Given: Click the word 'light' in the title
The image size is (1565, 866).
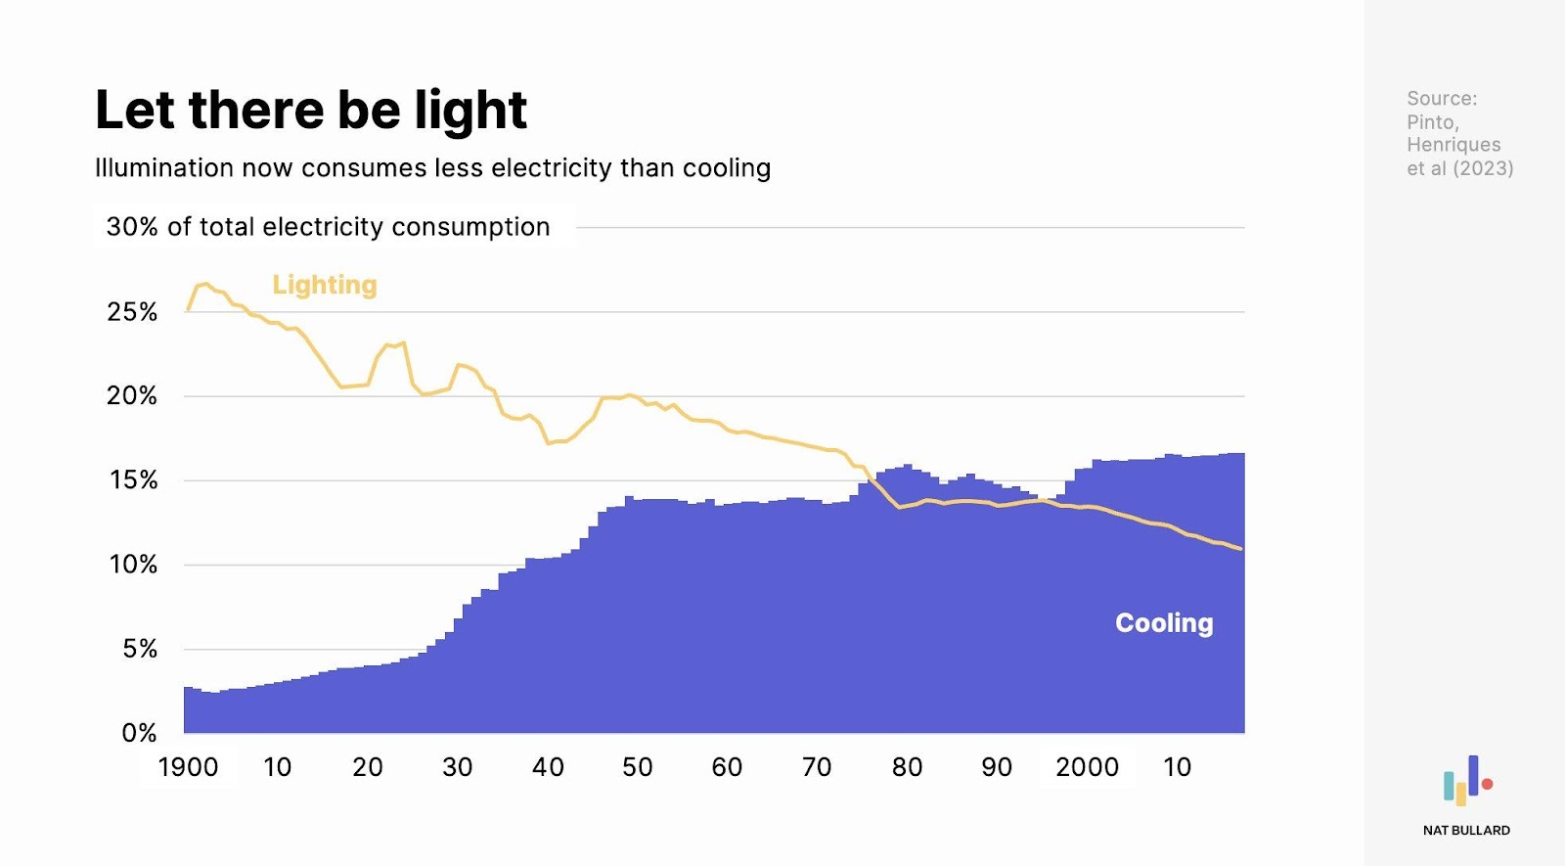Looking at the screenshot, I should click(x=470, y=110).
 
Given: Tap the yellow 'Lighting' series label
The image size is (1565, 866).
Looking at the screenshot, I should click(x=324, y=285).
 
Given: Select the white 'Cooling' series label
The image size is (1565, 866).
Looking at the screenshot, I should click(x=1164, y=623).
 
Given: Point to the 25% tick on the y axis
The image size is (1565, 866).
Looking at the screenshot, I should click(x=132, y=312).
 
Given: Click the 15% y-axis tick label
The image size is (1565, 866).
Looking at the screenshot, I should click(x=133, y=480).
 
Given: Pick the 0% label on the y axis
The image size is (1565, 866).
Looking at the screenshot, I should click(x=139, y=733).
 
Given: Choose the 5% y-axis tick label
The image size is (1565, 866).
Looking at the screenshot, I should click(x=139, y=649).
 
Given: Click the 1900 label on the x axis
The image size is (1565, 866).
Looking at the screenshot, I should click(x=188, y=767).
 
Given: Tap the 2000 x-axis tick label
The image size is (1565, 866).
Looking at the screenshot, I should click(x=1087, y=767).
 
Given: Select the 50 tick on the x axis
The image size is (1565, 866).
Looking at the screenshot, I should click(x=637, y=767).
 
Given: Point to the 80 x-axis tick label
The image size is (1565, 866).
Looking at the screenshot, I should click(x=907, y=767).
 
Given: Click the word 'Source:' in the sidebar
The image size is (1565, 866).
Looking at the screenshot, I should click(x=1442, y=99).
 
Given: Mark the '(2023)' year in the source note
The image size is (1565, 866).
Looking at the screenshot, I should click(x=1483, y=168).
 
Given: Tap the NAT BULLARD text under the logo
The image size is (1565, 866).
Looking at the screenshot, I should click(x=1466, y=831).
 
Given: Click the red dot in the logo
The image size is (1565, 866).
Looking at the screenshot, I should click(x=1488, y=784).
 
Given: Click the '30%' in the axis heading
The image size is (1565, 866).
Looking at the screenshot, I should click(x=132, y=227).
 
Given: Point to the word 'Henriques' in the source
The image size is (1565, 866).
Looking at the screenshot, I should click(x=1453, y=145).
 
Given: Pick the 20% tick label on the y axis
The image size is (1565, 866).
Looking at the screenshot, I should click(x=132, y=396).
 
